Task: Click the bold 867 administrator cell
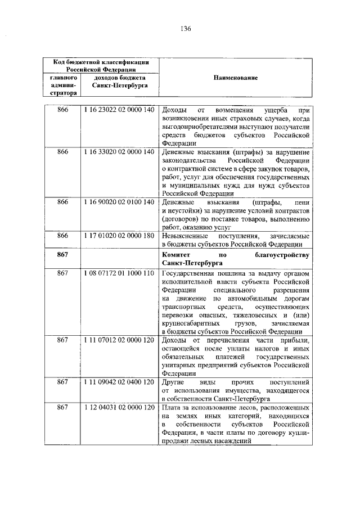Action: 63,255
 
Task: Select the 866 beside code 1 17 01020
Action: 63,235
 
